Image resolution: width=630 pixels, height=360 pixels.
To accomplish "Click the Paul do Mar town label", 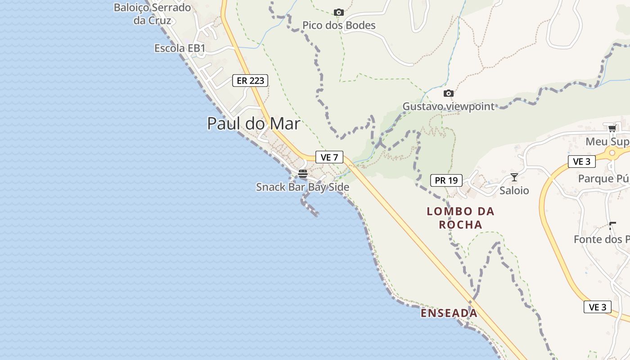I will pyautogui.click(x=253, y=123).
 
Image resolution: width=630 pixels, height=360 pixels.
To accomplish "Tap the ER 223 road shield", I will pyautogui.click(x=250, y=81).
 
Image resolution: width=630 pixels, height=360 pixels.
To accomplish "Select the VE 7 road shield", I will pyautogui.click(x=329, y=157).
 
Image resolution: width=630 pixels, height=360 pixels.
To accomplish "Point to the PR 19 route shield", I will pyautogui.click(x=446, y=180).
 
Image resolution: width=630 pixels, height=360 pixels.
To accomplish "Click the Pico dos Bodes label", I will pyautogui.click(x=339, y=25).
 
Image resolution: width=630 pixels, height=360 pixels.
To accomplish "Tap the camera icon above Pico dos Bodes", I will pyautogui.click(x=338, y=12).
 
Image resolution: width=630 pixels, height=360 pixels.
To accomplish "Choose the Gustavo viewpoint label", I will pyautogui.click(x=448, y=107).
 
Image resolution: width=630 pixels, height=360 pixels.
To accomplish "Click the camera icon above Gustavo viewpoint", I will pyautogui.click(x=448, y=93).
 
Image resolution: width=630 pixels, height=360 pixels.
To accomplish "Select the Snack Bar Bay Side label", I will pyautogui.click(x=302, y=187).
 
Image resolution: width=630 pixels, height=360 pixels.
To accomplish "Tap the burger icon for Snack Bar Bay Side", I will pyautogui.click(x=303, y=174).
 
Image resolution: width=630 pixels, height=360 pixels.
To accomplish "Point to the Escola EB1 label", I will pyautogui.click(x=180, y=48).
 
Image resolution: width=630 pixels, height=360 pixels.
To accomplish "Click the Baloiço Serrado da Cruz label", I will pyautogui.click(x=152, y=14).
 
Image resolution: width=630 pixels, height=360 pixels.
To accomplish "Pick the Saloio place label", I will pyautogui.click(x=514, y=190).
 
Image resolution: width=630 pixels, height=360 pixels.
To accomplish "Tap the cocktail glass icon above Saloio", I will pyautogui.click(x=514, y=177).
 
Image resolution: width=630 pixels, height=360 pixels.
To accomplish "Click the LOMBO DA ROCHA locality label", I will pyautogui.click(x=460, y=218).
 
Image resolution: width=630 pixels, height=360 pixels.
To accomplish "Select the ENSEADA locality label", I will pyautogui.click(x=449, y=313).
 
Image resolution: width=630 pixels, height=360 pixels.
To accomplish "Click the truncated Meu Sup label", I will pyautogui.click(x=607, y=142).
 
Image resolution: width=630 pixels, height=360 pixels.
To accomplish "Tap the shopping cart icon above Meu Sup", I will pyautogui.click(x=612, y=129).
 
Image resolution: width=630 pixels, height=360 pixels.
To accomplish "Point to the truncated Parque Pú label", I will pyautogui.click(x=604, y=179).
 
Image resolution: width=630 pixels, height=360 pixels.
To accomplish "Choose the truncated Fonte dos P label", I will pyautogui.click(x=602, y=239).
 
